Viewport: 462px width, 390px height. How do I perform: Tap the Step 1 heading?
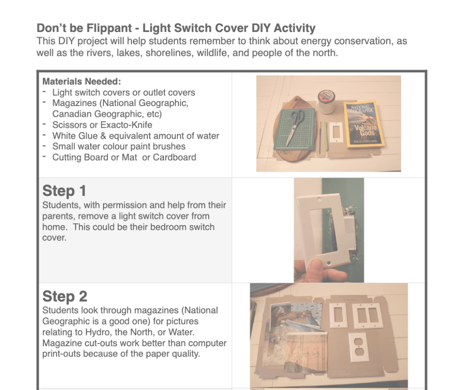[64, 190]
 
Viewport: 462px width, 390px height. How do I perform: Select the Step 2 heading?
[65, 296]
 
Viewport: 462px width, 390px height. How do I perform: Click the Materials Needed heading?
[82, 81]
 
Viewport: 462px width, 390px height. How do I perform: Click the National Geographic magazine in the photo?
[364, 124]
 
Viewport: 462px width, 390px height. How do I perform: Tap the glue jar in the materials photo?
[327, 102]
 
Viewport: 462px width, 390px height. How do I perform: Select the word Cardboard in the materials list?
[174, 157]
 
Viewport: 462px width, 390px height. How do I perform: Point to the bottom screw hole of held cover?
[328, 261]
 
